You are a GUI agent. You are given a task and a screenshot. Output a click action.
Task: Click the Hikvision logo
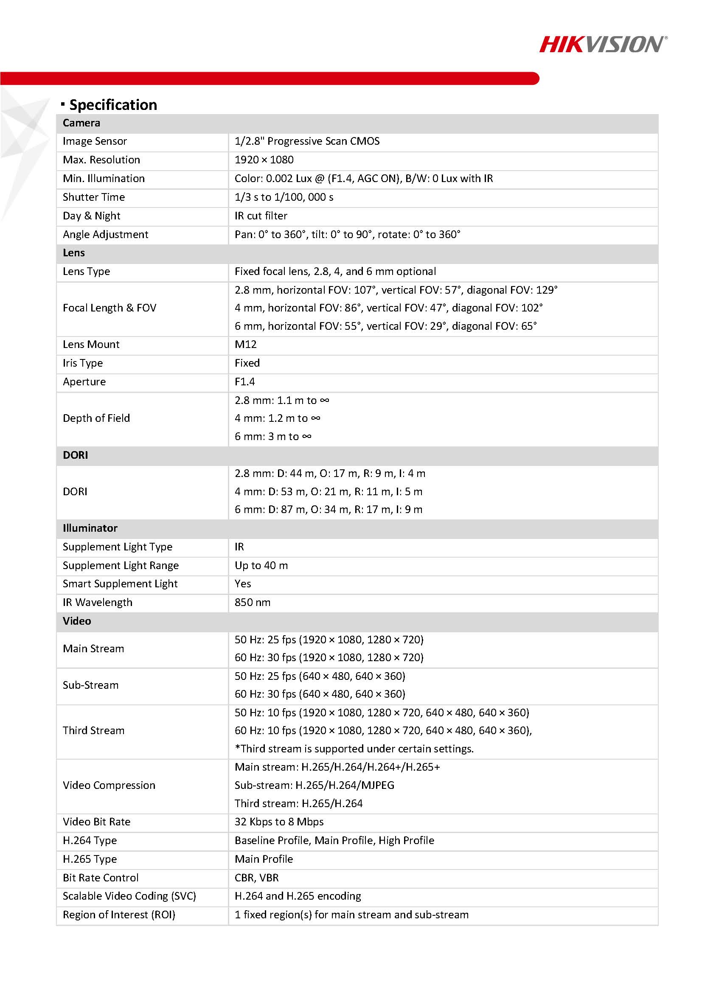click(603, 45)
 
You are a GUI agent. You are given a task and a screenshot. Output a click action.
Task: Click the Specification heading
click(113, 105)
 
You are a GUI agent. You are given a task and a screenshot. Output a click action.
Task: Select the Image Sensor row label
click(95, 141)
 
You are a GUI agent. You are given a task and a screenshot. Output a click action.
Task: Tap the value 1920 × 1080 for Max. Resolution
click(264, 160)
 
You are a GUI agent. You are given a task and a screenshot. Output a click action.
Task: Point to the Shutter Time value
click(284, 197)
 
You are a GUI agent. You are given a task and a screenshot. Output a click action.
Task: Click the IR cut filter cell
click(261, 216)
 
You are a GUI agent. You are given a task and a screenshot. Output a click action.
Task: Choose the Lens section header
click(74, 253)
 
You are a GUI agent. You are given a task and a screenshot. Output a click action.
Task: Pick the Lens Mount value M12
click(246, 345)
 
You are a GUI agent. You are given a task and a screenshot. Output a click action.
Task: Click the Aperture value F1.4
click(245, 382)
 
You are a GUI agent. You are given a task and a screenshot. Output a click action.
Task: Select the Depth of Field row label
click(96, 418)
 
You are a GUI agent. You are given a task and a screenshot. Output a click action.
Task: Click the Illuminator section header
click(90, 528)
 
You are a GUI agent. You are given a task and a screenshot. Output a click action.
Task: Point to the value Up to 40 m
click(261, 566)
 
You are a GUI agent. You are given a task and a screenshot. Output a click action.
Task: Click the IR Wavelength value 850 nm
click(253, 603)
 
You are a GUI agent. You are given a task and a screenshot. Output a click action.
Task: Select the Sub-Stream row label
click(90, 685)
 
